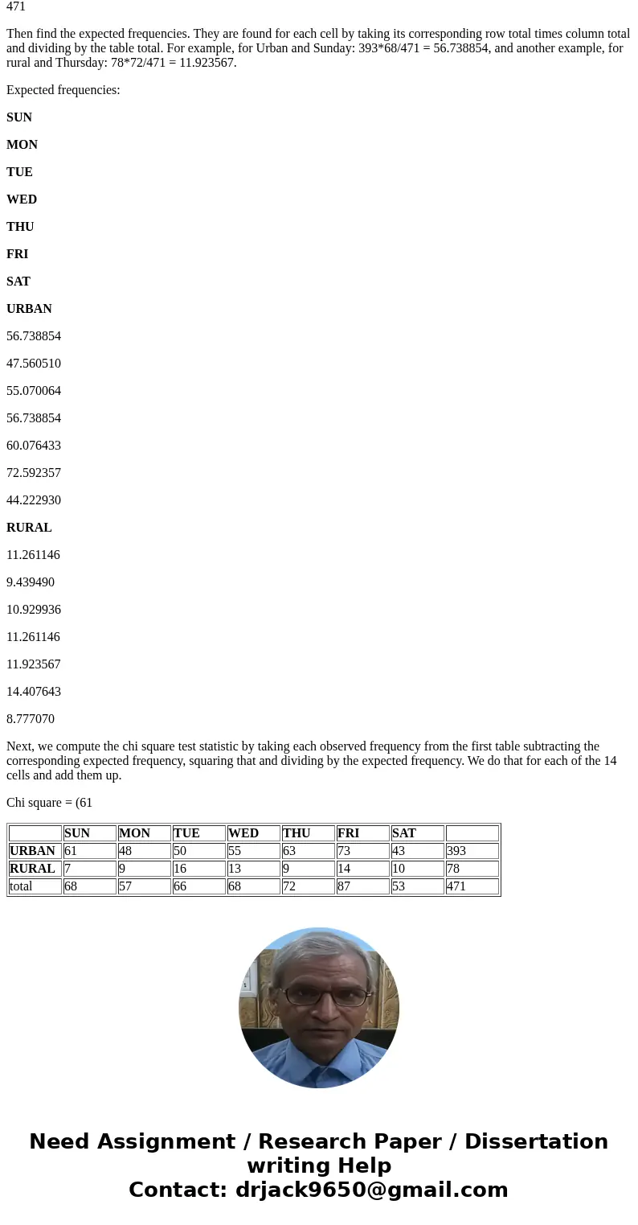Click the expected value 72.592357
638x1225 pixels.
34,473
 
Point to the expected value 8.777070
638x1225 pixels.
31,719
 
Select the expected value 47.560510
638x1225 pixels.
34,364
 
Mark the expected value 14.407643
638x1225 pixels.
34,692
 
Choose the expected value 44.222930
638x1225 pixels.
34,500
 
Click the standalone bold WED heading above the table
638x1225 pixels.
22,199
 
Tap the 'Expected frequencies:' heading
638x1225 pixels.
63,90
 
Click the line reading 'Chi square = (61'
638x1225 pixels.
50,803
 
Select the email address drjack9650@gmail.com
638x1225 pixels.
371,1190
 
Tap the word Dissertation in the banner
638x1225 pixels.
536,1142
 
